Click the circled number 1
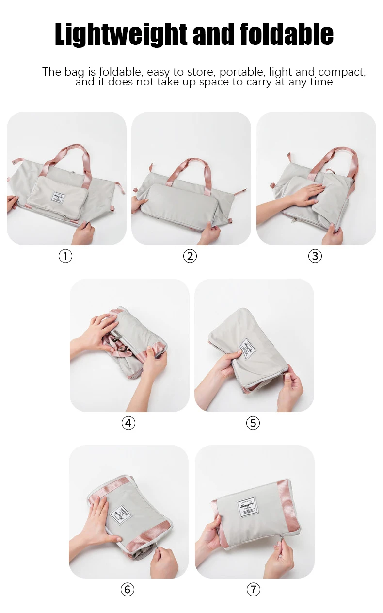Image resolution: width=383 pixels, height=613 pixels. point(65,256)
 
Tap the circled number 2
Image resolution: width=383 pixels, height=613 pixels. point(190,256)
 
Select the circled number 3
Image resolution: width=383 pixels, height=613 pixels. point(315,256)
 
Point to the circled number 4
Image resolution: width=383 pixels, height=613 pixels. point(128,423)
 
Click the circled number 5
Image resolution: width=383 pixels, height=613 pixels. point(253,423)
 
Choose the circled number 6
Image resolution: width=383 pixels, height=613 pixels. point(127,590)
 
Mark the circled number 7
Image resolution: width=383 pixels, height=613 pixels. point(253,590)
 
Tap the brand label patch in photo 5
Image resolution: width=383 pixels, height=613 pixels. point(248,348)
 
